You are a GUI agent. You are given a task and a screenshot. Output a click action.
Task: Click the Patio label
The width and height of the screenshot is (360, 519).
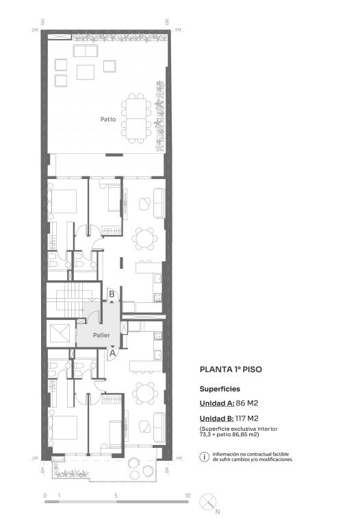[108, 119]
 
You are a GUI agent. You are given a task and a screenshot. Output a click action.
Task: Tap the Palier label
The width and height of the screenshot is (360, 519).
[101, 335]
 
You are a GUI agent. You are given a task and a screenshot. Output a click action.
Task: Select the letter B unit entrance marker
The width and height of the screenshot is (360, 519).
[112, 294]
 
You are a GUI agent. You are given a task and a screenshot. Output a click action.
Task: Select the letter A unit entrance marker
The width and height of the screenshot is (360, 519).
[113, 353]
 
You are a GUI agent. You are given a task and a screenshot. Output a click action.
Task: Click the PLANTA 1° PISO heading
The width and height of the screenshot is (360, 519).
[231, 369]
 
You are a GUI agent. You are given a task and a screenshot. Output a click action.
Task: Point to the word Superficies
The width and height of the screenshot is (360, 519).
[220, 389]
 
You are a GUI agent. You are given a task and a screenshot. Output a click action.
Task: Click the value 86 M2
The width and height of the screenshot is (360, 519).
[247, 403]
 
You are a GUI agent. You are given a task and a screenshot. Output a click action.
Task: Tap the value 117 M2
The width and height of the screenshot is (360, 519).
[247, 418]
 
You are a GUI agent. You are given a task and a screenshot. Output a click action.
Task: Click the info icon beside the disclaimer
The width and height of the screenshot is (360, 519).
[205, 457]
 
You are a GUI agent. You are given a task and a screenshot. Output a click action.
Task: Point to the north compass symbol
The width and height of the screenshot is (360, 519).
[207, 502]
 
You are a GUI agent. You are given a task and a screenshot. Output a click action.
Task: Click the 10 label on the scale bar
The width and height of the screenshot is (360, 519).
[188, 496]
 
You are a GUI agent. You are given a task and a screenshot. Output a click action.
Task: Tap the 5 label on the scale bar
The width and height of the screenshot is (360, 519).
[116, 496]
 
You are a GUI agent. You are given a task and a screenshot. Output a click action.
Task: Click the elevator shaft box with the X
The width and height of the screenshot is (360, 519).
[60, 333]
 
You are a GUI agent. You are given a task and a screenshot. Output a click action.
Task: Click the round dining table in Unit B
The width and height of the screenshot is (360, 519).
[144, 239]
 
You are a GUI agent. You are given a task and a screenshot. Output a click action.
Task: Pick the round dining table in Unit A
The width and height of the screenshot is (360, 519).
[144, 394]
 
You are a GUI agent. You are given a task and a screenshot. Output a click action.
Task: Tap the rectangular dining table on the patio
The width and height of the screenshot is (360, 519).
[136, 118]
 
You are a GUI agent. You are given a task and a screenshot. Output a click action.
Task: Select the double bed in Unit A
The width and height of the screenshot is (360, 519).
[62, 427]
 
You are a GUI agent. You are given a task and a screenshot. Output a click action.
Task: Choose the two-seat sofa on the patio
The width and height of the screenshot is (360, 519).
[86, 51]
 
